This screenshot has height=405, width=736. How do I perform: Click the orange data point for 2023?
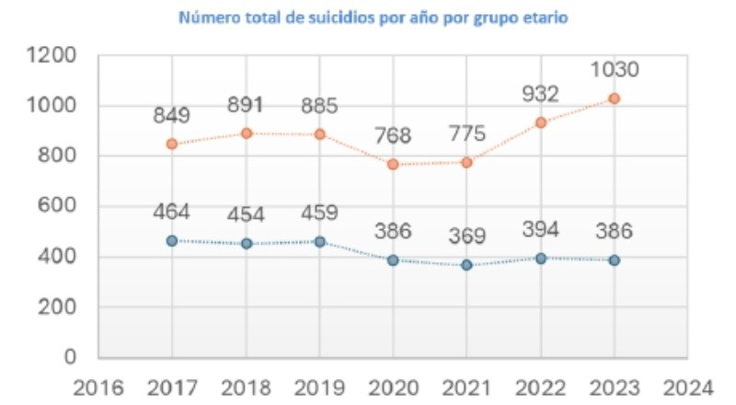coord(614,98)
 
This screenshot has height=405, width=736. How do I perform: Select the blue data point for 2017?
coord(172,240)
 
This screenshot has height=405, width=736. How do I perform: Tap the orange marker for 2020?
coord(393,164)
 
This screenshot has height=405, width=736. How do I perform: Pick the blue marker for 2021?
coord(466,265)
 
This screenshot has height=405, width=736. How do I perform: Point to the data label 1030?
coord(614,70)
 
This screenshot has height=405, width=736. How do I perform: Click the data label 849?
coord(172,116)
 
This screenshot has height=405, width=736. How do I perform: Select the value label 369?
coord(466,236)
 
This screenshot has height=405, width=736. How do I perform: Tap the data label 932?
coord(540,95)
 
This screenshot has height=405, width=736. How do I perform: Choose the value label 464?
coord(172,212)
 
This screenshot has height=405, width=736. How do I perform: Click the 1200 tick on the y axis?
coord(52,56)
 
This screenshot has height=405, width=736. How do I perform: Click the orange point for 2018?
coord(246,133)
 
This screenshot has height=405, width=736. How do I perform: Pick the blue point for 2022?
coord(540,259)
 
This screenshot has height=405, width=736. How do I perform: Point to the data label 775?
coord(466,134)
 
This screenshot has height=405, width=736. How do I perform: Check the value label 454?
coord(246,215)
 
